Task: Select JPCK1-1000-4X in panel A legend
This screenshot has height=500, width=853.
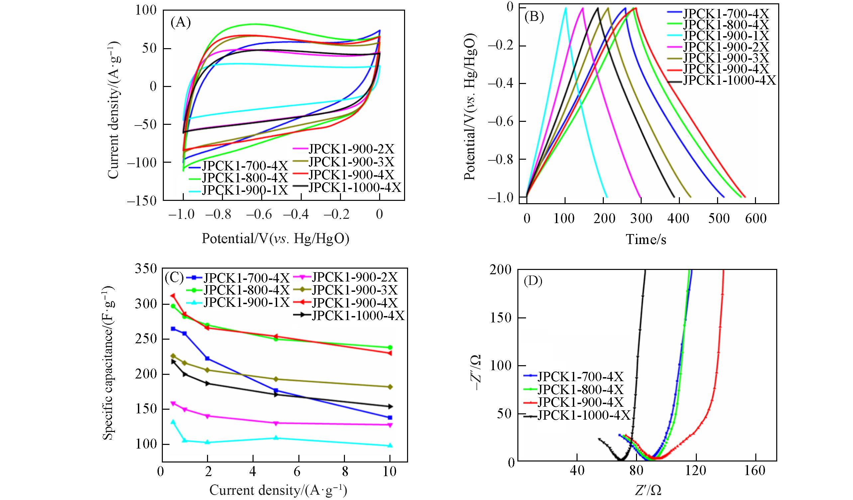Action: coord(355,187)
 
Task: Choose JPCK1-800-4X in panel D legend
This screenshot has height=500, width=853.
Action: coord(581,389)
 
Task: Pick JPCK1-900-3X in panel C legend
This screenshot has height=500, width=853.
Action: coord(354,290)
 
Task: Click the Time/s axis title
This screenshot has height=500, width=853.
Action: coord(646,239)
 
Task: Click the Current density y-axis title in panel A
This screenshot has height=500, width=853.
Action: coord(114,110)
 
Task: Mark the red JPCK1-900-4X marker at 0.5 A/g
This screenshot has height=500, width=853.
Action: coord(173,296)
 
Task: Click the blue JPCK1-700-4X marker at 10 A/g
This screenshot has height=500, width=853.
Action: coord(389,417)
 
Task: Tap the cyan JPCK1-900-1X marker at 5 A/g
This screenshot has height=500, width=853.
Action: coord(276,438)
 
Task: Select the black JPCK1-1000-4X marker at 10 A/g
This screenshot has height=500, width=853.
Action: coord(389,406)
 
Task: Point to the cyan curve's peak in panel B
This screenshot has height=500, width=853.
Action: coord(565,8)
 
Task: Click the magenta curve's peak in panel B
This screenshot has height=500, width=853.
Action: coord(583,8)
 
